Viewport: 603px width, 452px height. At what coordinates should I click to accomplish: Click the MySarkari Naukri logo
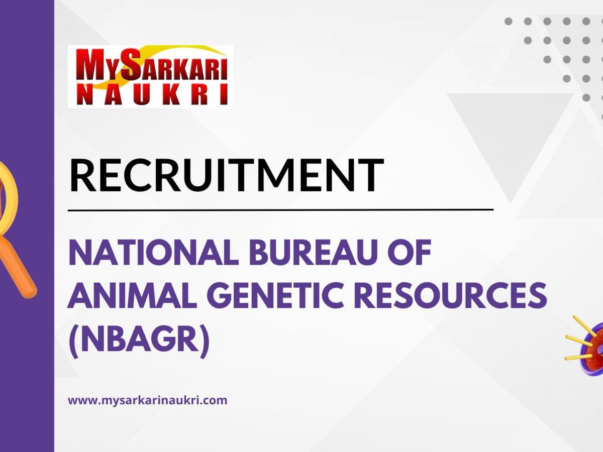tap(150, 76)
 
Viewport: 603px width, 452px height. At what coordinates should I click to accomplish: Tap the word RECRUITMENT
tap(226, 175)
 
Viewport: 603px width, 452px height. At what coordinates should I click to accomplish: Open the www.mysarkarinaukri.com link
tap(147, 401)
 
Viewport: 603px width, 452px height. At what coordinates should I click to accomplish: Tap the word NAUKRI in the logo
tap(150, 95)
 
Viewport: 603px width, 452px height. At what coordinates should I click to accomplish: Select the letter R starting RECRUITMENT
tap(82, 176)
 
